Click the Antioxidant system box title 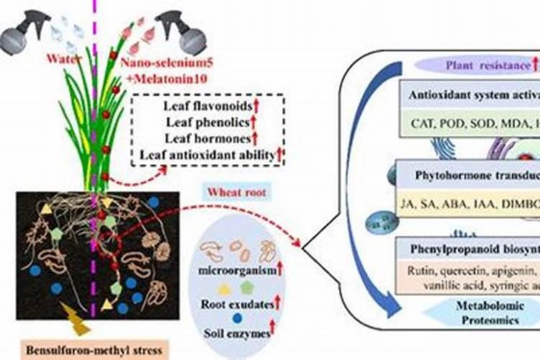(x=471, y=94)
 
